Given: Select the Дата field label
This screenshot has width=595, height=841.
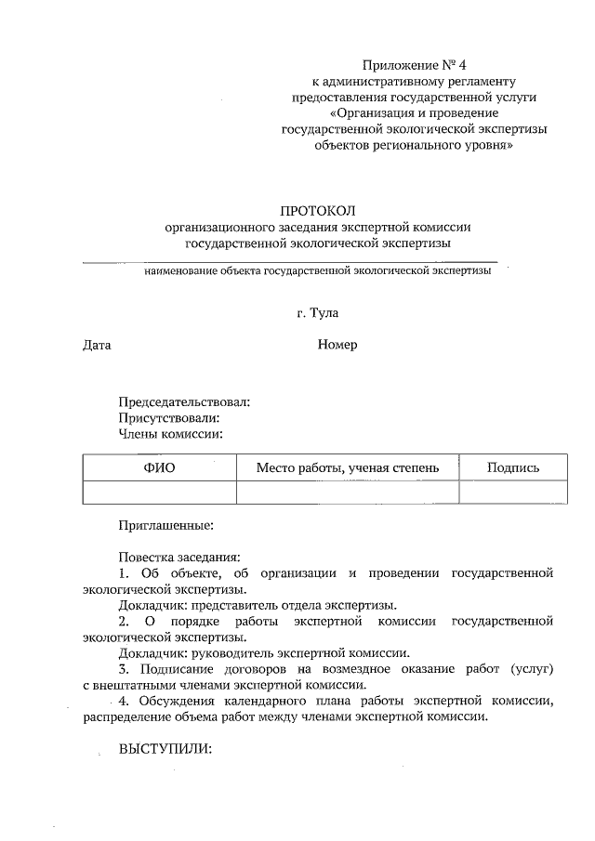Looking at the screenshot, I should tap(97, 345).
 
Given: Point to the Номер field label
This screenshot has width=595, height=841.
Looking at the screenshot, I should tap(337, 345).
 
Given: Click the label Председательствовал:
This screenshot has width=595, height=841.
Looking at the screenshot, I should tap(184, 402).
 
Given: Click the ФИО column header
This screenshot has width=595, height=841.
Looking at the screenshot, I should tap(159, 467).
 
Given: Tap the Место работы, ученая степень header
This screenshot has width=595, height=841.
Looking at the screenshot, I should tap(348, 467).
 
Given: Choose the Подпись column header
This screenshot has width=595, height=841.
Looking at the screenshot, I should tap(512, 467).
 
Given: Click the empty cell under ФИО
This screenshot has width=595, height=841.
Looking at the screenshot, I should tap(159, 492).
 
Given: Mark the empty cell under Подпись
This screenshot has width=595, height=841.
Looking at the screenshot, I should tap(512, 492).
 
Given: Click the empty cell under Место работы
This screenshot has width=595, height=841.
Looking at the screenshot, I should tap(348, 492).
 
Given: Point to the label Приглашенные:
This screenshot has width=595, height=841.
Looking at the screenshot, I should tap(166, 525).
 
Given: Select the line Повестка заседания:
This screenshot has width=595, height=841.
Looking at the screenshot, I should tap(178, 557).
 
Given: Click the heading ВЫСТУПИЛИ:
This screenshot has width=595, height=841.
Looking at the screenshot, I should tap(165, 749).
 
